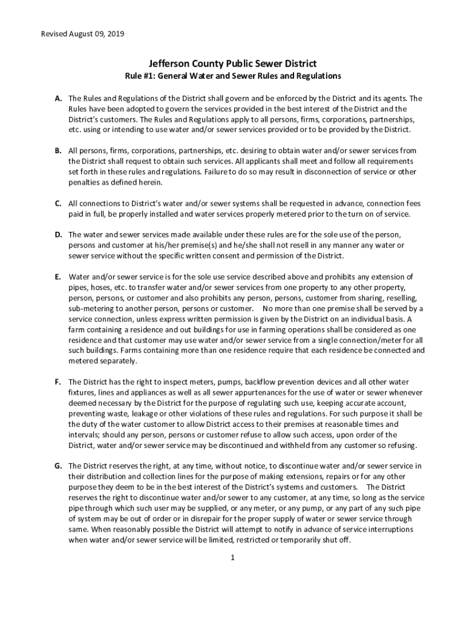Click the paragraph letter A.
pos(57,98)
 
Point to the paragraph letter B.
pos(57,150)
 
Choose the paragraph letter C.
pos(57,203)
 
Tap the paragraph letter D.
pos(57,234)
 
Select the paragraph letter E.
pos(57,277)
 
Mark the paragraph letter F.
pos(57,382)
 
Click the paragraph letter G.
pos(58,466)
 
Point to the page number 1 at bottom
pos(232,558)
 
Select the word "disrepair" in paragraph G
pos(186,519)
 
